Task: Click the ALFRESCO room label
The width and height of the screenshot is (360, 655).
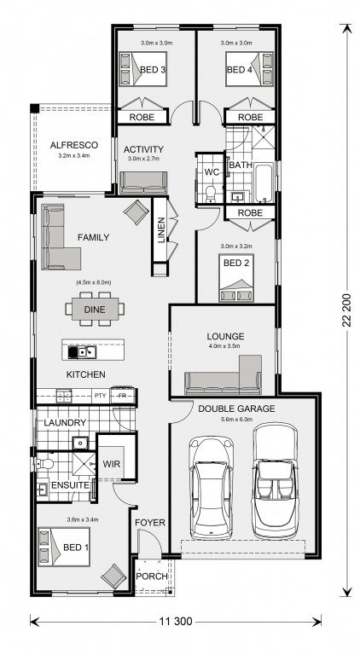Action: pyautogui.click(x=74, y=145)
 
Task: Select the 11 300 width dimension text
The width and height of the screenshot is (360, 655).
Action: pyautogui.click(x=176, y=621)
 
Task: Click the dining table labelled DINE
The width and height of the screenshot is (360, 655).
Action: pyautogui.click(x=95, y=310)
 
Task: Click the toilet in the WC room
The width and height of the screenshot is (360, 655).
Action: pyautogui.click(x=211, y=194)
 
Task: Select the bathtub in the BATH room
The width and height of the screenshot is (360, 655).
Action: pyautogui.click(x=264, y=183)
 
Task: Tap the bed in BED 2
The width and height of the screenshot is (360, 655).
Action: pyautogui.click(x=236, y=278)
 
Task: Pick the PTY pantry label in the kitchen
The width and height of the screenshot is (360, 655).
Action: pyautogui.click(x=100, y=395)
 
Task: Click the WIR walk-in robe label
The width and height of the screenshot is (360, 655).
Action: pyautogui.click(x=111, y=464)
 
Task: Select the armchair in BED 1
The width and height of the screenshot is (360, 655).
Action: pyautogui.click(x=113, y=577)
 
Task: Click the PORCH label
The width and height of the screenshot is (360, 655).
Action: pyautogui.click(x=152, y=576)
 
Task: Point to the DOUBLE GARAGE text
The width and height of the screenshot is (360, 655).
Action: pyautogui.click(x=236, y=409)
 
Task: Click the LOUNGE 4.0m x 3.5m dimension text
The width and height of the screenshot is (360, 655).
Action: pyautogui.click(x=225, y=345)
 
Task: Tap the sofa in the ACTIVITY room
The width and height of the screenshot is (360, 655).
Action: pyautogui.click(x=143, y=183)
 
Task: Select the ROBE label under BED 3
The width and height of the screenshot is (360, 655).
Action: pyautogui.click(x=142, y=118)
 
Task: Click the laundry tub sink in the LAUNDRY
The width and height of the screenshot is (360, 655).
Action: pyautogui.click(x=79, y=443)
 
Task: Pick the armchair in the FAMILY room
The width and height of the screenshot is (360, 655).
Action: pyautogui.click(x=136, y=212)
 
